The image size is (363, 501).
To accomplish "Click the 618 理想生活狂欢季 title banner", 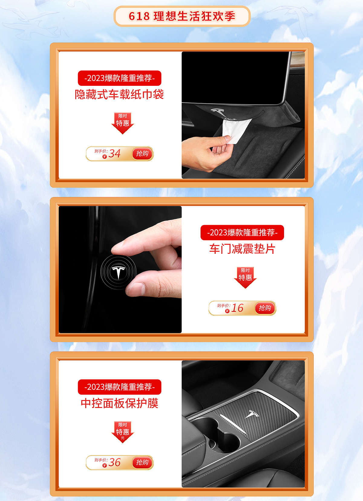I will (182, 16).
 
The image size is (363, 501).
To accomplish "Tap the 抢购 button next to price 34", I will (142, 154).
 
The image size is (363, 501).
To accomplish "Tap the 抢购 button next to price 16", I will (265, 308).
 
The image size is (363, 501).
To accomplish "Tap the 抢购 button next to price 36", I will (142, 462).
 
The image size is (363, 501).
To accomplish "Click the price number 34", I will (115, 154).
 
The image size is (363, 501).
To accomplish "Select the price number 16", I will (237, 308).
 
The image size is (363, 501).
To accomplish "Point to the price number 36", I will (115, 462).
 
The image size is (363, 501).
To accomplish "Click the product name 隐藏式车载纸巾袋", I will (119, 95).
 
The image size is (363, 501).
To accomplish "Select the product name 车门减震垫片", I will (242, 249).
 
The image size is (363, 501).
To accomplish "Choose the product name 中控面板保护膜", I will (119, 403).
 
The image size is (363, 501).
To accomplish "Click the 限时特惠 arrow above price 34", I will (123, 123).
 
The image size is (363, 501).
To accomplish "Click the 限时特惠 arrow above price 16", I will (245, 277).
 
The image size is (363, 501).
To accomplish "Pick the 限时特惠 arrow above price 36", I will (123, 432).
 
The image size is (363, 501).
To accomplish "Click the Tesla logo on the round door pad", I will (118, 272).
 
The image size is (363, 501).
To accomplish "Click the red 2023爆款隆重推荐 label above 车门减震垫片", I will (242, 233).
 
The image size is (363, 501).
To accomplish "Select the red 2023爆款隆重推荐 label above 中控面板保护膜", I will (119, 387).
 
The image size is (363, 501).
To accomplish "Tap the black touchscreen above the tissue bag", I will (233, 77).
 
